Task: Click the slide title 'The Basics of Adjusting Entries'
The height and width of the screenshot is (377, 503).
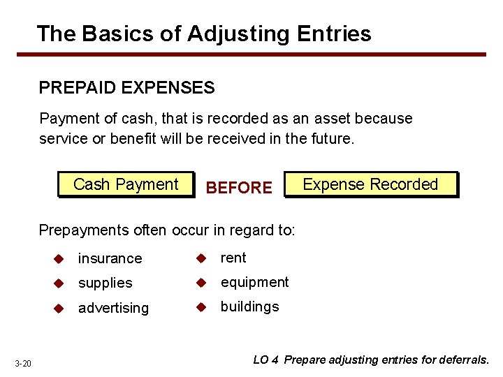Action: [x=203, y=33]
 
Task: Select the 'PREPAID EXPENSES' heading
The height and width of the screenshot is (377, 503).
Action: [x=126, y=87]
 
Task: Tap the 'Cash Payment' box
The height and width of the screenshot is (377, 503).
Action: [x=126, y=185]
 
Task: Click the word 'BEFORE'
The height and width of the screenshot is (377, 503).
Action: [x=240, y=188]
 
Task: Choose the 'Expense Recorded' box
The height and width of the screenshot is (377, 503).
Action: [x=370, y=185]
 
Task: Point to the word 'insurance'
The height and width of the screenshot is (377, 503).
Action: [x=110, y=258]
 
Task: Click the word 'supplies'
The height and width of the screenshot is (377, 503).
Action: [x=105, y=283]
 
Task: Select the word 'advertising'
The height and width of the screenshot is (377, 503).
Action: [x=113, y=308]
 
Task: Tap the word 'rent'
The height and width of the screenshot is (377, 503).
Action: [x=233, y=258]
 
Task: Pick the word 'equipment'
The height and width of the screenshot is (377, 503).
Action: [x=254, y=282]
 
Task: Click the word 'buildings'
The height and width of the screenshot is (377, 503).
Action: [x=249, y=306]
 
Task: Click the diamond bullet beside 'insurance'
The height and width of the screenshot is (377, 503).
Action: [x=60, y=258]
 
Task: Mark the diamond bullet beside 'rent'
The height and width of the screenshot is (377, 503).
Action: [x=203, y=258]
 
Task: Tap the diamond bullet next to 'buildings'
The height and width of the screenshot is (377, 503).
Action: [x=203, y=306]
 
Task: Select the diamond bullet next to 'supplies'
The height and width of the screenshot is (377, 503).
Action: [x=60, y=283]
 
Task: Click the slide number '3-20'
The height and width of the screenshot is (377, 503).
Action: [x=23, y=363]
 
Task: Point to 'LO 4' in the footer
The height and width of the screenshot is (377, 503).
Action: [x=266, y=360]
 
